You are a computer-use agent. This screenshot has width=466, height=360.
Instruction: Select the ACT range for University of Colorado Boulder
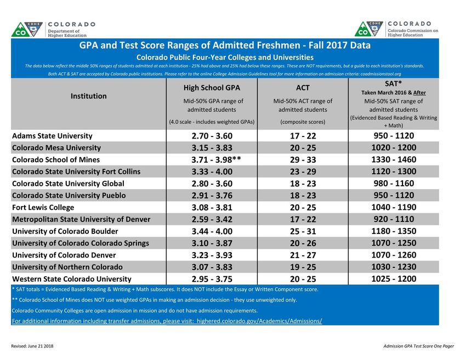click(x=303, y=231)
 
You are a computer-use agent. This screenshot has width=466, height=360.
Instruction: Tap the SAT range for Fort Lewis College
click(x=394, y=207)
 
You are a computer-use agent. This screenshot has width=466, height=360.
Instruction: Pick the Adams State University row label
click(x=52, y=136)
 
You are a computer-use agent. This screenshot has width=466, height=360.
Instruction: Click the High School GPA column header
click(x=212, y=88)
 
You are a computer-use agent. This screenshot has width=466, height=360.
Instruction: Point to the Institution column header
click(x=89, y=96)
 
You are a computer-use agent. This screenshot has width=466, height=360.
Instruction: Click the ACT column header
click(x=303, y=88)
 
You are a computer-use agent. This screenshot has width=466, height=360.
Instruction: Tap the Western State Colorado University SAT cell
click(x=394, y=279)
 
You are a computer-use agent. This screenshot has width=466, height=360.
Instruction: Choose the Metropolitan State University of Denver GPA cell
click(x=212, y=219)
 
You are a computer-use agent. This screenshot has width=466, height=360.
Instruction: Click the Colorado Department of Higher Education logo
click(x=53, y=29)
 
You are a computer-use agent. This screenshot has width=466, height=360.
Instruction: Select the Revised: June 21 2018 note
click(x=32, y=347)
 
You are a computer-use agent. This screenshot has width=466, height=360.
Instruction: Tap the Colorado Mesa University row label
click(x=56, y=147)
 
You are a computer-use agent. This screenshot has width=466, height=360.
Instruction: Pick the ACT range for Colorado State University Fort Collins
click(x=303, y=172)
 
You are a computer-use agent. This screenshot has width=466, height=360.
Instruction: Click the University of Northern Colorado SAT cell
click(x=394, y=267)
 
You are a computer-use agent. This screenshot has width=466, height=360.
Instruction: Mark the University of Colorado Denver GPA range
click(x=212, y=255)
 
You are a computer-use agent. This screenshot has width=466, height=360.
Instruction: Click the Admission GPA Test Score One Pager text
click(x=419, y=347)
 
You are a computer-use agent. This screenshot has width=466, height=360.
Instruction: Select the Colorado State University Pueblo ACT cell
click(x=303, y=195)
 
